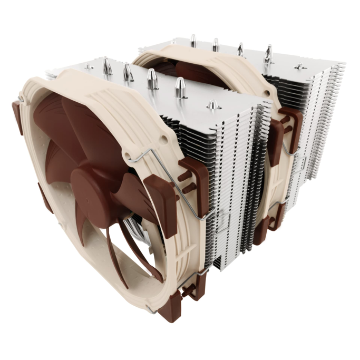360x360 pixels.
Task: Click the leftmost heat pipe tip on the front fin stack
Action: tap(107, 66)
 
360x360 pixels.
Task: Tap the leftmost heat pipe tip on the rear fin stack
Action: tap(193, 40)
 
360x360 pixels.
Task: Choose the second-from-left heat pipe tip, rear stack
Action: tap(215, 44)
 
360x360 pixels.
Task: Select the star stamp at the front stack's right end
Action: tap(213, 105)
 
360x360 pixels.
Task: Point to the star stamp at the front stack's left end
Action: tap(89, 67)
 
